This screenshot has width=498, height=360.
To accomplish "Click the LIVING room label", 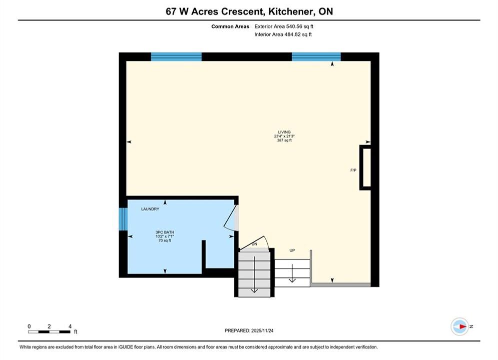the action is click(284, 132).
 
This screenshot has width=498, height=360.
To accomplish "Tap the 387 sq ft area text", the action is click(284, 140).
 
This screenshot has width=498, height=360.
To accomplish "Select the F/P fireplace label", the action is click(353, 170).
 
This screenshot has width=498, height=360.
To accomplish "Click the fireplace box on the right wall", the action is click(365, 167).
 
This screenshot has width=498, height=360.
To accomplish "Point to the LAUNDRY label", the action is click(150, 209).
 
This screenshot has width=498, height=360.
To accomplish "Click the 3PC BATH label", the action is click(165, 232).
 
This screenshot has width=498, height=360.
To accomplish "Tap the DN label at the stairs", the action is click(254, 244).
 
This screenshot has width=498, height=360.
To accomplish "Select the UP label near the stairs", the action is click(292, 250).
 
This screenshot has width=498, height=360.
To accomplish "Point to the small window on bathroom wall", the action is click(123, 219).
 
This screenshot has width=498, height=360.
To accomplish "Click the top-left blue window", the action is click(176, 57).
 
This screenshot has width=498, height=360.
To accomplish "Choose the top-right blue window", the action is click(316, 57).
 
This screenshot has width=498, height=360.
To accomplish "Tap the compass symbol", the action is click(460, 326).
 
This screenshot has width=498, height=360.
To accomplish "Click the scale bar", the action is click(49, 332).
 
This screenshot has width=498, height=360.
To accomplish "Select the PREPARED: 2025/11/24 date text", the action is click(249, 330).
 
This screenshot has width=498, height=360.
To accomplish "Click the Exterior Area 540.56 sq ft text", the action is click(284, 26).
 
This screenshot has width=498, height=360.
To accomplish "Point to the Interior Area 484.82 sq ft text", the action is click(283, 34).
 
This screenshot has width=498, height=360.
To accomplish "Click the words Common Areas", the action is click(230, 26).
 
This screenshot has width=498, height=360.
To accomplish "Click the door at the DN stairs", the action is click(255, 243).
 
